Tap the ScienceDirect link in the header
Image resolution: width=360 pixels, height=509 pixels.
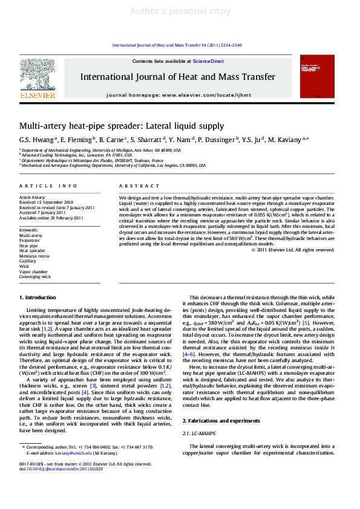[208, 61]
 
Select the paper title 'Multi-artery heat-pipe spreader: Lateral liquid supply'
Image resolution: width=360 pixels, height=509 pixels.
[122, 126]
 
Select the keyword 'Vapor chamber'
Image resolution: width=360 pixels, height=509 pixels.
[34, 271]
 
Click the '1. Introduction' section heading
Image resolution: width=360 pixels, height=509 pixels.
[38, 297]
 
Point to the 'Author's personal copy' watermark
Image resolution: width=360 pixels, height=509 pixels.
[180, 11]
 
